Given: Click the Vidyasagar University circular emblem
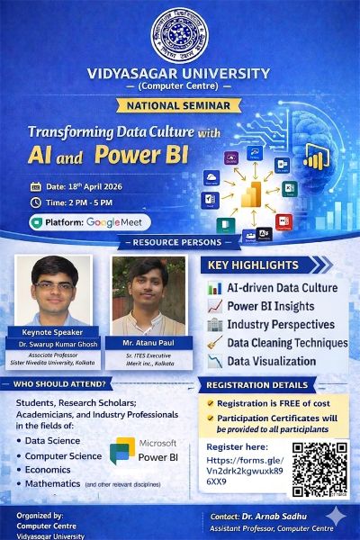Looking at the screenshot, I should coord(179,34).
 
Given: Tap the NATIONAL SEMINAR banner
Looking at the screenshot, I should coord(179,103).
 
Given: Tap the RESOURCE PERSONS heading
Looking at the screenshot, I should coord(179,243).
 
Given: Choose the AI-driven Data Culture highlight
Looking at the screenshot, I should coord(281,288).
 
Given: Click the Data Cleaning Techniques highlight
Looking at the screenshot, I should coord(287,343).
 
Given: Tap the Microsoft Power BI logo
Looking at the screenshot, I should coord(143,450).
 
